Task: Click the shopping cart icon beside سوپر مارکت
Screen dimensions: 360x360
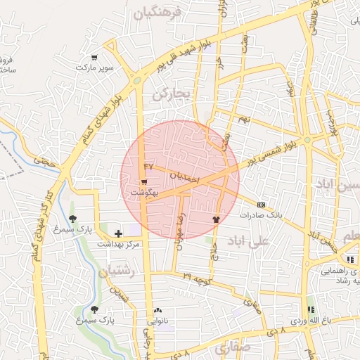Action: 94,58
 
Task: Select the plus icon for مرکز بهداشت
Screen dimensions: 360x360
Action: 117,232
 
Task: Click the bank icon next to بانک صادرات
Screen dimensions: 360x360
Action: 262,204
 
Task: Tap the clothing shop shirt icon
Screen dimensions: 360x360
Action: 216,218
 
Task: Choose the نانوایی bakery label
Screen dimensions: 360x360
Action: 156,321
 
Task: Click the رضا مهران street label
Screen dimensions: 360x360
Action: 182,226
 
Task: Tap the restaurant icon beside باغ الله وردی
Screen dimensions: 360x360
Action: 310,309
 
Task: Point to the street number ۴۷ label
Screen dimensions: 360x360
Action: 148,166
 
